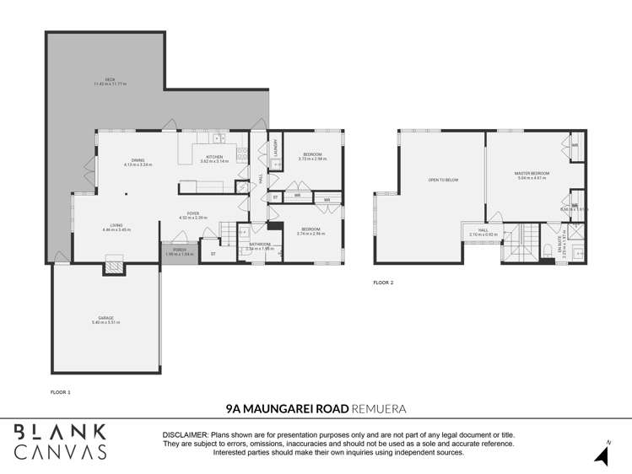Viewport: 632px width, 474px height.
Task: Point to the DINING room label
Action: click(x=138, y=162)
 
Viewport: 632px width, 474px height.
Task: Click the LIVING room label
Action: click(x=113, y=227)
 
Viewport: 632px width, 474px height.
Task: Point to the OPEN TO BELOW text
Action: click(x=443, y=180)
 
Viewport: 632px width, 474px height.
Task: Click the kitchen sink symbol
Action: click(x=219, y=138)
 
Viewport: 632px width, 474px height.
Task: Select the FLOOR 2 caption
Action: click(x=383, y=283)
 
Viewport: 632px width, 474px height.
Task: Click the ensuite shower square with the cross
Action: click(x=576, y=230)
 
